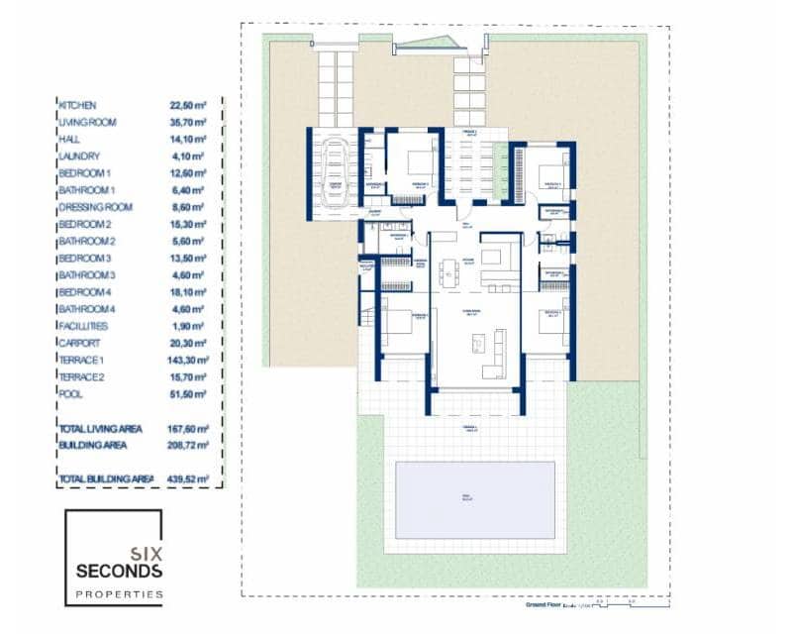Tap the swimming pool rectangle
tap(474, 499)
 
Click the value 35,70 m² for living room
tap(187, 122)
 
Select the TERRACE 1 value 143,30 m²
tap(188, 360)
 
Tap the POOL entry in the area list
tap(70, 393)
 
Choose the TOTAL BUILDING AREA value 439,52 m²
tap(188, 478)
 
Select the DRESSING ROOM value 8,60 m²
tap(186, 207)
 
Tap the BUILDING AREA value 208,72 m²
tap(188, 445)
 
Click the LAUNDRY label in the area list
tap(79, 157)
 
